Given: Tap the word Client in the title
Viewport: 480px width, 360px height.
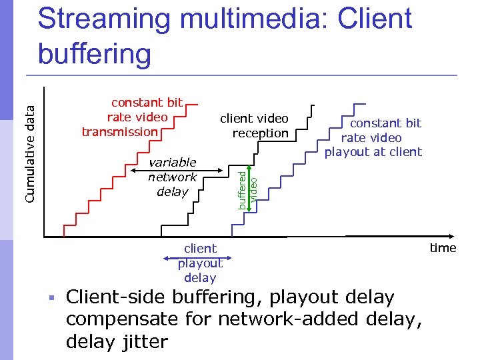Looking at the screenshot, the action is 375,20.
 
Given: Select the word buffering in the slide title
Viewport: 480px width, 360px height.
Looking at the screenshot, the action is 95,53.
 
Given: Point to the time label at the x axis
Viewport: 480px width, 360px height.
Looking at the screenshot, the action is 443,248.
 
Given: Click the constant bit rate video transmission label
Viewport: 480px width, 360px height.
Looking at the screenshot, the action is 132,117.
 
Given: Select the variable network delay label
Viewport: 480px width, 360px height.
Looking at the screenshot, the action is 172,177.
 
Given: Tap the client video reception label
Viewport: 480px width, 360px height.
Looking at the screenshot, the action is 255,125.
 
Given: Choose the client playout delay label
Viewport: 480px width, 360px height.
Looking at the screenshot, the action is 200,263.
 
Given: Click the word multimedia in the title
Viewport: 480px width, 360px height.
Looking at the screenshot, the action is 251,20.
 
